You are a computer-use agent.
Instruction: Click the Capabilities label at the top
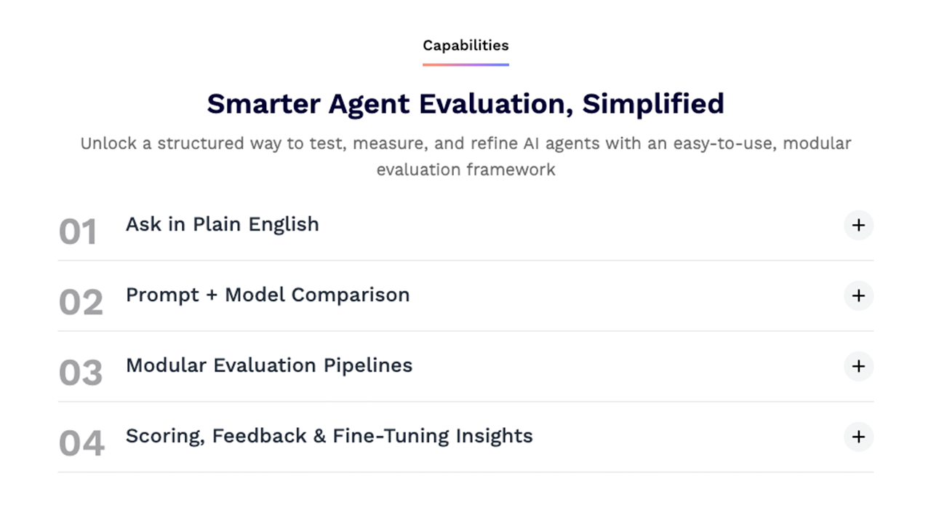tap(465, 45)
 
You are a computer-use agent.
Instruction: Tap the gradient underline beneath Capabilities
tap(465, 65)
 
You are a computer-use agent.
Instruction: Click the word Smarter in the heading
tap(263, 103)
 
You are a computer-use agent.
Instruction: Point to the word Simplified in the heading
tap(653, 104)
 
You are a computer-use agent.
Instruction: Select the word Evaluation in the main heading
tap(496, 104)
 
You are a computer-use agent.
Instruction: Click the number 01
tap(78, 231)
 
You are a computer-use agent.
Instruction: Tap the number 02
tap(81, 302)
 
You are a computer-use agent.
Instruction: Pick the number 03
tap(81, 373)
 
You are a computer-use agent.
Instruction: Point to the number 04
tap(81, 443)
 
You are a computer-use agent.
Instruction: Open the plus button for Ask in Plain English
tap(858, 226)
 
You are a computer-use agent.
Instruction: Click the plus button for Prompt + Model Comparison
tap(858, 295)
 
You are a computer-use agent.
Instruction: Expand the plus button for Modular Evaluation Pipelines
tap(858, 366)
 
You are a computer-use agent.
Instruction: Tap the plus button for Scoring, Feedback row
tap(858, 437)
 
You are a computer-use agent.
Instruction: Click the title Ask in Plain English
tap(223, 225)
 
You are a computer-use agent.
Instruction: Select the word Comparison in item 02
tap(351, 295)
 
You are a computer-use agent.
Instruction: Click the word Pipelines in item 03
tap(368, 366)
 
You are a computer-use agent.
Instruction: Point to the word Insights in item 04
tap(494, 436)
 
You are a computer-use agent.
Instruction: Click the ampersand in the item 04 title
tap(319, 436)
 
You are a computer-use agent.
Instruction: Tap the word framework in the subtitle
tap(511, 170)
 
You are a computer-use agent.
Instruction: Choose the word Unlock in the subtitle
tap(108, 143)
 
